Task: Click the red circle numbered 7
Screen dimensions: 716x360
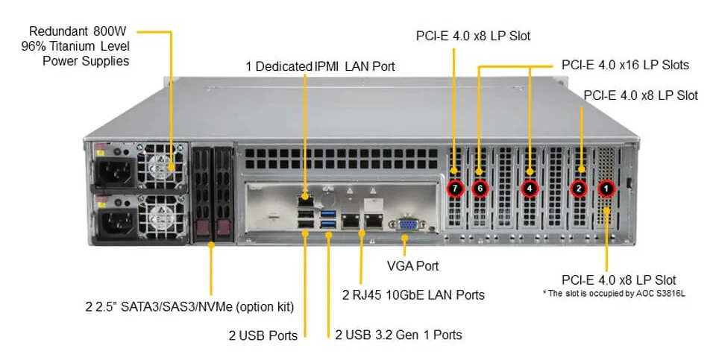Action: click(x=455, y=189)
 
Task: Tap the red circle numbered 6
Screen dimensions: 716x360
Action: click(x=480, y=189)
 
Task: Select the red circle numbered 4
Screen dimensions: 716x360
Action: click(x=530, y=189)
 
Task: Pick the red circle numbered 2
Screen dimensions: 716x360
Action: click(x=579, y=189)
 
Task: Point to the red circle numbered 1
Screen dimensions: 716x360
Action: click(x=606, y=188)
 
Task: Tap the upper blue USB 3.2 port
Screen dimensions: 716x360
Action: click(x=328, y=212)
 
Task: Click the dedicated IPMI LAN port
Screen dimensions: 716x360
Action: click(x=304, y=198)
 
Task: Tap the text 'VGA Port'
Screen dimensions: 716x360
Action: click(x=412, y=266)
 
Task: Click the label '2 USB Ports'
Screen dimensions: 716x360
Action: click(x=263, y=336)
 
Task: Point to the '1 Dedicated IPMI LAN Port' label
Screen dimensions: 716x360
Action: click(x=320, y=66)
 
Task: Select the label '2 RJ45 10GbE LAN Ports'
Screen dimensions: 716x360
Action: click(x=413, y=295)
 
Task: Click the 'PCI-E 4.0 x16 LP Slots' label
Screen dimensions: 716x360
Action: click(x=625, y=66)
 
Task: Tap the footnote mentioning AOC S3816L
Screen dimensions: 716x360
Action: click(x=614, y=294)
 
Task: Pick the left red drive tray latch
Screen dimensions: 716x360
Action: click(x=201, y=227)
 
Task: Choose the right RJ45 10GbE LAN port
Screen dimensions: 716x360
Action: click(x=374, y=221)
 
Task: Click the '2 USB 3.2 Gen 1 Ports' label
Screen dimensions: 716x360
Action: click(x=398, y=335)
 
